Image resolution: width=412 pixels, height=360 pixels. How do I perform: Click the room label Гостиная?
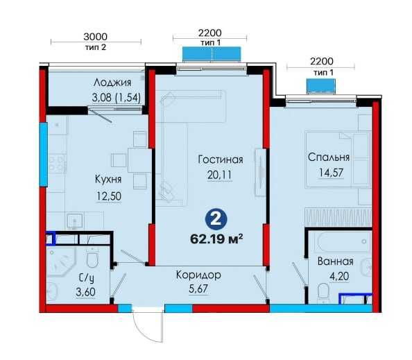[x=221, y=160]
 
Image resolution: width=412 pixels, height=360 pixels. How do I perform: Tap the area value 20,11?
[x=219, y=175]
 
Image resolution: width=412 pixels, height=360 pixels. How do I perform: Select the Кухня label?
[x=108, y=179]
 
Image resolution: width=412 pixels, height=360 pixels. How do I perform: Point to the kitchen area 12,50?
[x=109, y=196]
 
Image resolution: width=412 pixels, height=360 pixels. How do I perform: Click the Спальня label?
[x=329, y=157]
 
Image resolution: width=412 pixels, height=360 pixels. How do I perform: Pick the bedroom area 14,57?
[x=331, y=173]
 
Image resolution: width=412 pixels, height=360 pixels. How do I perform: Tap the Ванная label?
[x=336, y=262]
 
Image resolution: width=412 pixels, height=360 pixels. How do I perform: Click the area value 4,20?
[x=339, y=276]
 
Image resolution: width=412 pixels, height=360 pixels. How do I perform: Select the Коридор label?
[x=198, y=275]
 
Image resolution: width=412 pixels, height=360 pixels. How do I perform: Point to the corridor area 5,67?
[x=198, y=289]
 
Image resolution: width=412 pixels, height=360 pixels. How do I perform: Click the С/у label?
[x=87, y=277]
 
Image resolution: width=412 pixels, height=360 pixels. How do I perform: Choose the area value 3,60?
[x=85, y=292]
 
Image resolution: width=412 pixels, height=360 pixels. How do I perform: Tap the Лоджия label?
[x=112, y=83]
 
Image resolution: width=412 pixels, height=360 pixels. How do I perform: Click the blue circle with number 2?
[x=216, y=219]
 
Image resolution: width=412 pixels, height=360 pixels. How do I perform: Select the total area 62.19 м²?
[x=216, y=239]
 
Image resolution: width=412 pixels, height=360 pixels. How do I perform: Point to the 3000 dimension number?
[x=96, y=37]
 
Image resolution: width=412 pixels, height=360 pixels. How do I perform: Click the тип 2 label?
[x=96, y=47]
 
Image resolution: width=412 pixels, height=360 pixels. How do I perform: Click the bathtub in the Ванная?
[x=344, y=241]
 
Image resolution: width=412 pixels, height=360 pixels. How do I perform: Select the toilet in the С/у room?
[x=92, y=257]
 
